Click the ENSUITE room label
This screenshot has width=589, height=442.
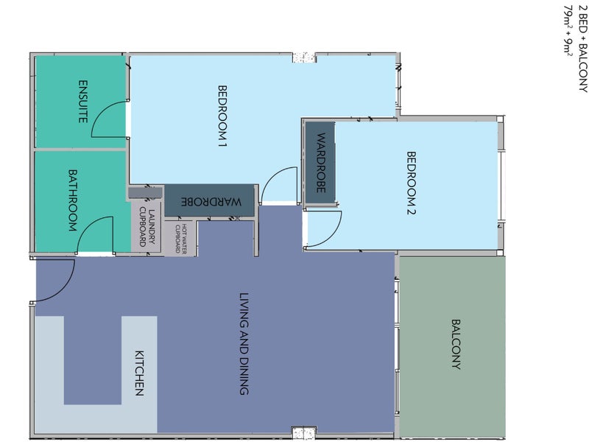point(83,102)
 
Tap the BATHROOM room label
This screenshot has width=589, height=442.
point(72,200)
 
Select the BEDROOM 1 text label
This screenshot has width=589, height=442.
point(222,116)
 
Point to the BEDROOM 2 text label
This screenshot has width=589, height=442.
point(412,183)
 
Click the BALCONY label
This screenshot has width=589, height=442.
point(456,344)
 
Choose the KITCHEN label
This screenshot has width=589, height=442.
point(139,373)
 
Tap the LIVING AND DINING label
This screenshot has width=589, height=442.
point(244,344)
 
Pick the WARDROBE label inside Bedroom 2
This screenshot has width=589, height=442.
point(321,163)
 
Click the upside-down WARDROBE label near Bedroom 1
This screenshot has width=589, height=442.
point(211,201)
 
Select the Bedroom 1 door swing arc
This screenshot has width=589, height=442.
point(271,177)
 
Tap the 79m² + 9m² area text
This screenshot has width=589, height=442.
point(568,31)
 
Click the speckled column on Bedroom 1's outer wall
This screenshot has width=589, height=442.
point(304,57)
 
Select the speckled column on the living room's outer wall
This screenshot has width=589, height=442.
point(304,433)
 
